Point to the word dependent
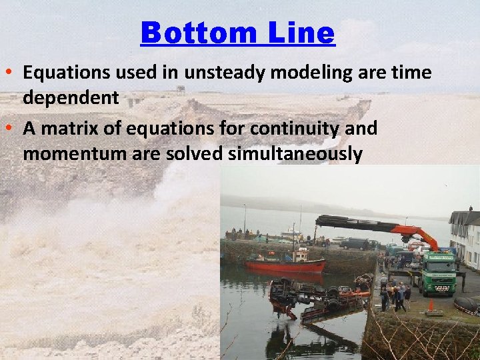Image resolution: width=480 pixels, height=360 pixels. click(x=71, y=98)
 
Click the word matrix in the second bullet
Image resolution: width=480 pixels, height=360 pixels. click(x=65, y=128)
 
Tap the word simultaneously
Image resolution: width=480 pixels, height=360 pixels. click(x=295, y=154)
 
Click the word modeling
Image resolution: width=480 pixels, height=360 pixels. click(x=282, y=72)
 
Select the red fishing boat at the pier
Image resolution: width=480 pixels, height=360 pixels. click(x=284, y=265)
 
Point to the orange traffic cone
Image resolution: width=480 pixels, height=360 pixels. click(x=431, y=305)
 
